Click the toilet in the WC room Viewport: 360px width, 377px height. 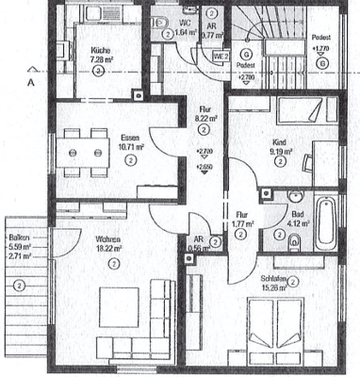(x=161, y=21)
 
